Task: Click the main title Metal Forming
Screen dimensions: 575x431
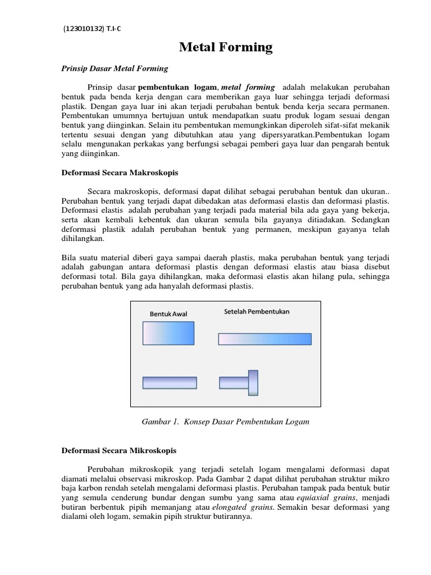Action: [226, 48]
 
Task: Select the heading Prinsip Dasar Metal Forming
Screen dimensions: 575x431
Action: [114, 69]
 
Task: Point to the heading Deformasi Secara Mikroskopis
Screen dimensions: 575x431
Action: [118, 450]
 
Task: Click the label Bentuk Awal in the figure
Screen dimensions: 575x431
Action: [168, 313]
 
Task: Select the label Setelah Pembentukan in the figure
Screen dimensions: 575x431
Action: [256, 311]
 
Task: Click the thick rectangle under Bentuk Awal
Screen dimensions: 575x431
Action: [168, 332]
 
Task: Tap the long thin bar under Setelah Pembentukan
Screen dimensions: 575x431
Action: [264, 339]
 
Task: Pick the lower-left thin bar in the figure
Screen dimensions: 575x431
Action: [169, 382]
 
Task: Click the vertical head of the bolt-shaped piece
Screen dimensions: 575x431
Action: [253, 382]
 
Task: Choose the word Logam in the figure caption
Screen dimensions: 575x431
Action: [296, 421]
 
